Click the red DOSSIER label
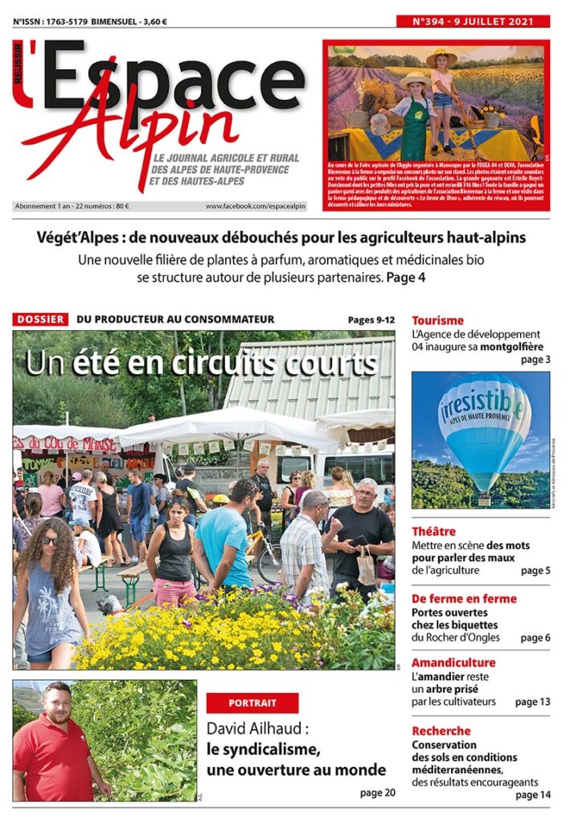coord(40,319)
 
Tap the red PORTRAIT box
coord(252,702)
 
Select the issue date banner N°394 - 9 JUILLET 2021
coord(474,22)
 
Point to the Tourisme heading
coord(437,320)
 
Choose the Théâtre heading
coord(433,531)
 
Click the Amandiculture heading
coord(453,662)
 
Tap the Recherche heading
coord(441,731)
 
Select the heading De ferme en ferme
coord(464,599)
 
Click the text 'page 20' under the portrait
coord(377,793)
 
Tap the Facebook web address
coord(256,206)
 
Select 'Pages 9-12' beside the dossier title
coord(371,319)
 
